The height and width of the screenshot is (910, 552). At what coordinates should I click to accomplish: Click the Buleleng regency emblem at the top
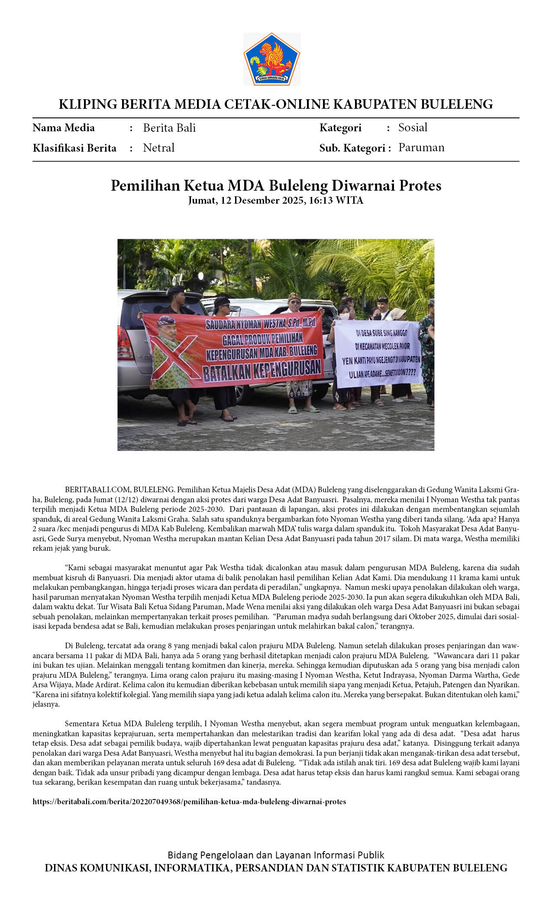click(x=272, y=59)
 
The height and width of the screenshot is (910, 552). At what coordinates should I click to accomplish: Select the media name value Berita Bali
click(x=169, y=128)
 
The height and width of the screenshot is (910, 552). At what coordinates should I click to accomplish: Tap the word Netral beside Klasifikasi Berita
click(x=158, y=148)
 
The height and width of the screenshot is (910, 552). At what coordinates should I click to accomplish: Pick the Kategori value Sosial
click(x=413, y=127)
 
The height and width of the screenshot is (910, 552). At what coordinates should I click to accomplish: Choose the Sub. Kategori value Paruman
click(x=421, y=147)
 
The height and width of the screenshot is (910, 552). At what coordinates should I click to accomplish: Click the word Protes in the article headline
click(x=420, y=185)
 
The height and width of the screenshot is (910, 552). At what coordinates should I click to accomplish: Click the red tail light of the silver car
click(x=126, y=342)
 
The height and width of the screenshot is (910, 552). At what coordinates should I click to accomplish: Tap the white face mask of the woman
click(x=344, y=316)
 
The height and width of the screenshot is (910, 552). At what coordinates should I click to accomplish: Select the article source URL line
click(x=189, y=802)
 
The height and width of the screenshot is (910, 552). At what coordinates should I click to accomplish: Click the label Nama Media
click(x=64, y=128)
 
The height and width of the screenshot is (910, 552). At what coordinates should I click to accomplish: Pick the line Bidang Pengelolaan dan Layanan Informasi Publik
click(x=276, y=855)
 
